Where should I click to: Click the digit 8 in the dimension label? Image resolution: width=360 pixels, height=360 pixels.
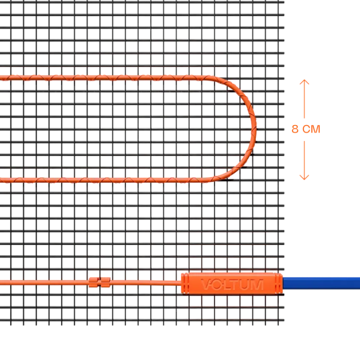295,129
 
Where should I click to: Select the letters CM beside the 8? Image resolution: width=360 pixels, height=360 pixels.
311,129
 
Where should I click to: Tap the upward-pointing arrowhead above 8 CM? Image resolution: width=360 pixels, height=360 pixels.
304,82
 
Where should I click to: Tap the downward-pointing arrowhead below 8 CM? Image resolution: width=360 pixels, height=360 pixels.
304,177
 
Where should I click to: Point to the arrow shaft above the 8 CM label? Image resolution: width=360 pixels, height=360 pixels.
304,99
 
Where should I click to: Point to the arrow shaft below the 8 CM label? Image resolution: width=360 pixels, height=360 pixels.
304,160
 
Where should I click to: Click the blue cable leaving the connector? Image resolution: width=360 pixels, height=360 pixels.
321,283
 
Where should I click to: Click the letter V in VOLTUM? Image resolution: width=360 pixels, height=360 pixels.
206,284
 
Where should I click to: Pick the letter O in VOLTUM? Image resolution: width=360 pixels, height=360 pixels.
216,284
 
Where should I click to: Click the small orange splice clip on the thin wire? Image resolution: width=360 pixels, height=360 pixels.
100,282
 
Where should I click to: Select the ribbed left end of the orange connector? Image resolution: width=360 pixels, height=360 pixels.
185,283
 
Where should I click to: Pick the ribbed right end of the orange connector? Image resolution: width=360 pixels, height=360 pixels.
278,283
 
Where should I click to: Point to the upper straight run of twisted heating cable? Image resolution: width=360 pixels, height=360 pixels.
103,78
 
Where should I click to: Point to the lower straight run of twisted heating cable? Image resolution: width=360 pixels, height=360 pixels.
103,180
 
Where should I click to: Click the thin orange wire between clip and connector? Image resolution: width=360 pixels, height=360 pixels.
146,283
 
